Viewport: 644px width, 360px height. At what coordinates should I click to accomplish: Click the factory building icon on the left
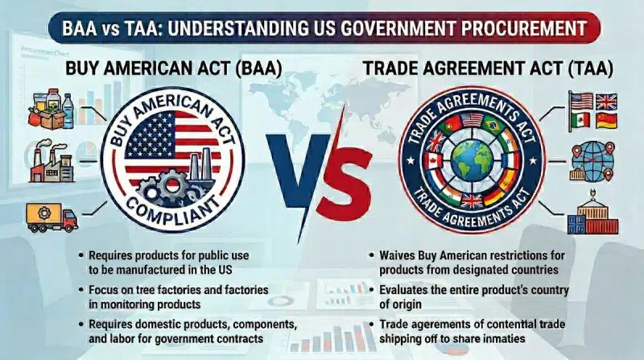[51, 163]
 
